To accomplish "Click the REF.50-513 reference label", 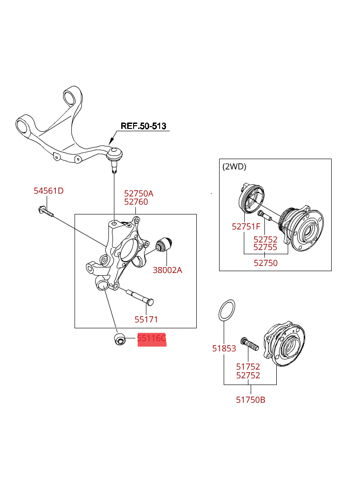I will click(143, 126).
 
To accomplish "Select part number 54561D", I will click(48, 191).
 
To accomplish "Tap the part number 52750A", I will click(139, 193).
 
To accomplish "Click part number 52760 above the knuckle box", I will click(136, 202).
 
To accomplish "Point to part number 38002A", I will click(167, 270).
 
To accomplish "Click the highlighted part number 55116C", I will click(151, 339).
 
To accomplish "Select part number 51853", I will click(224, 348).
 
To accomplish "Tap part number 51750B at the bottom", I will click(251, 400).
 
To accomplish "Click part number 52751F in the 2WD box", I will click(246, 226).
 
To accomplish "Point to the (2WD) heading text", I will click(234, 167).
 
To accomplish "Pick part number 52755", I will click(265, 247).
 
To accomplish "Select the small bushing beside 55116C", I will click(119, 340).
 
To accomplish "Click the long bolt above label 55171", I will click(139, 296).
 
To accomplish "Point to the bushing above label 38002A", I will click(164, 245).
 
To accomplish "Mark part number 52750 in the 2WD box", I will click(266, 263).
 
